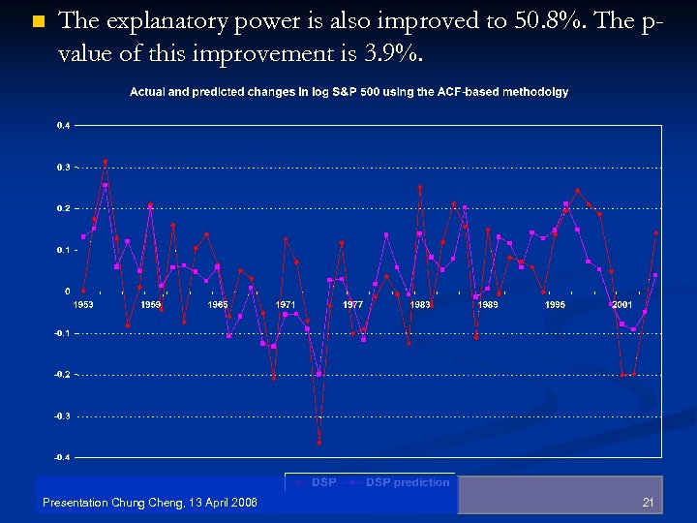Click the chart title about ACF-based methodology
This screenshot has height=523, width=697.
[x=349, y=92]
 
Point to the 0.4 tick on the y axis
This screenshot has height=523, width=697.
[x=62, y=126]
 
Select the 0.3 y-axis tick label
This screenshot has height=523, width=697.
[x=62, y=168]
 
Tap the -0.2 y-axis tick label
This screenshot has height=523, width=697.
[x=61, y=374]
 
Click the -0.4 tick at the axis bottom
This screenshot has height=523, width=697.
[x=61, y=457]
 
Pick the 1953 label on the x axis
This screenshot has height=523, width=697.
[x=84, y=304]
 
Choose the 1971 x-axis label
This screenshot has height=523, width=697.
[x=286, y=304]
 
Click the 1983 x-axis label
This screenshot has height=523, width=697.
[x=420, y=304]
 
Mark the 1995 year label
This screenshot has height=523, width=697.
[x=555, y=304]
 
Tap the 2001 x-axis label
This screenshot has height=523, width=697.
[x=621, y=304]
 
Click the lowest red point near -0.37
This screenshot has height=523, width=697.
[x=318, y=443]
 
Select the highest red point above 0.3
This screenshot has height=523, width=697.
[x=106, y=162]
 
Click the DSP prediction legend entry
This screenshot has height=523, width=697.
[x=407, y=482]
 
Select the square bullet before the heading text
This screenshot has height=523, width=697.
[x=38, y=21]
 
